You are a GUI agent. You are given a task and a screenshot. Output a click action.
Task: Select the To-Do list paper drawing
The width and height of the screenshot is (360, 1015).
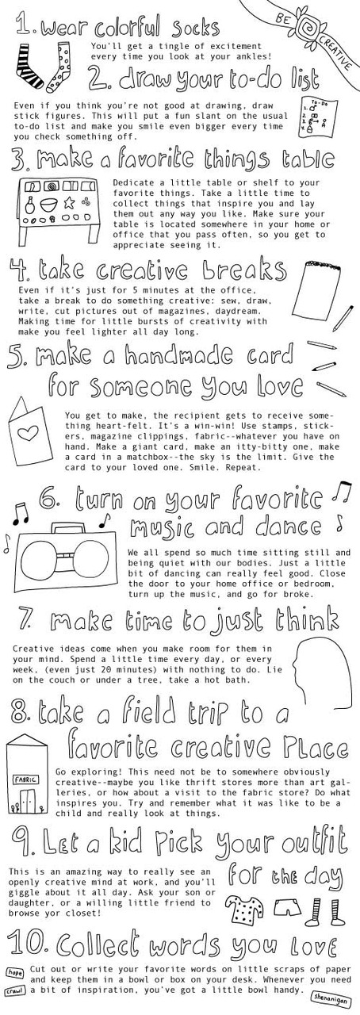point(320,116)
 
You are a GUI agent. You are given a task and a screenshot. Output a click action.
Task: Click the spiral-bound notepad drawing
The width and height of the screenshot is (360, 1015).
point(317,291)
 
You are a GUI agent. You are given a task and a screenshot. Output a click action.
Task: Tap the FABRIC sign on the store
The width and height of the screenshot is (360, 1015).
point(25,780)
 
